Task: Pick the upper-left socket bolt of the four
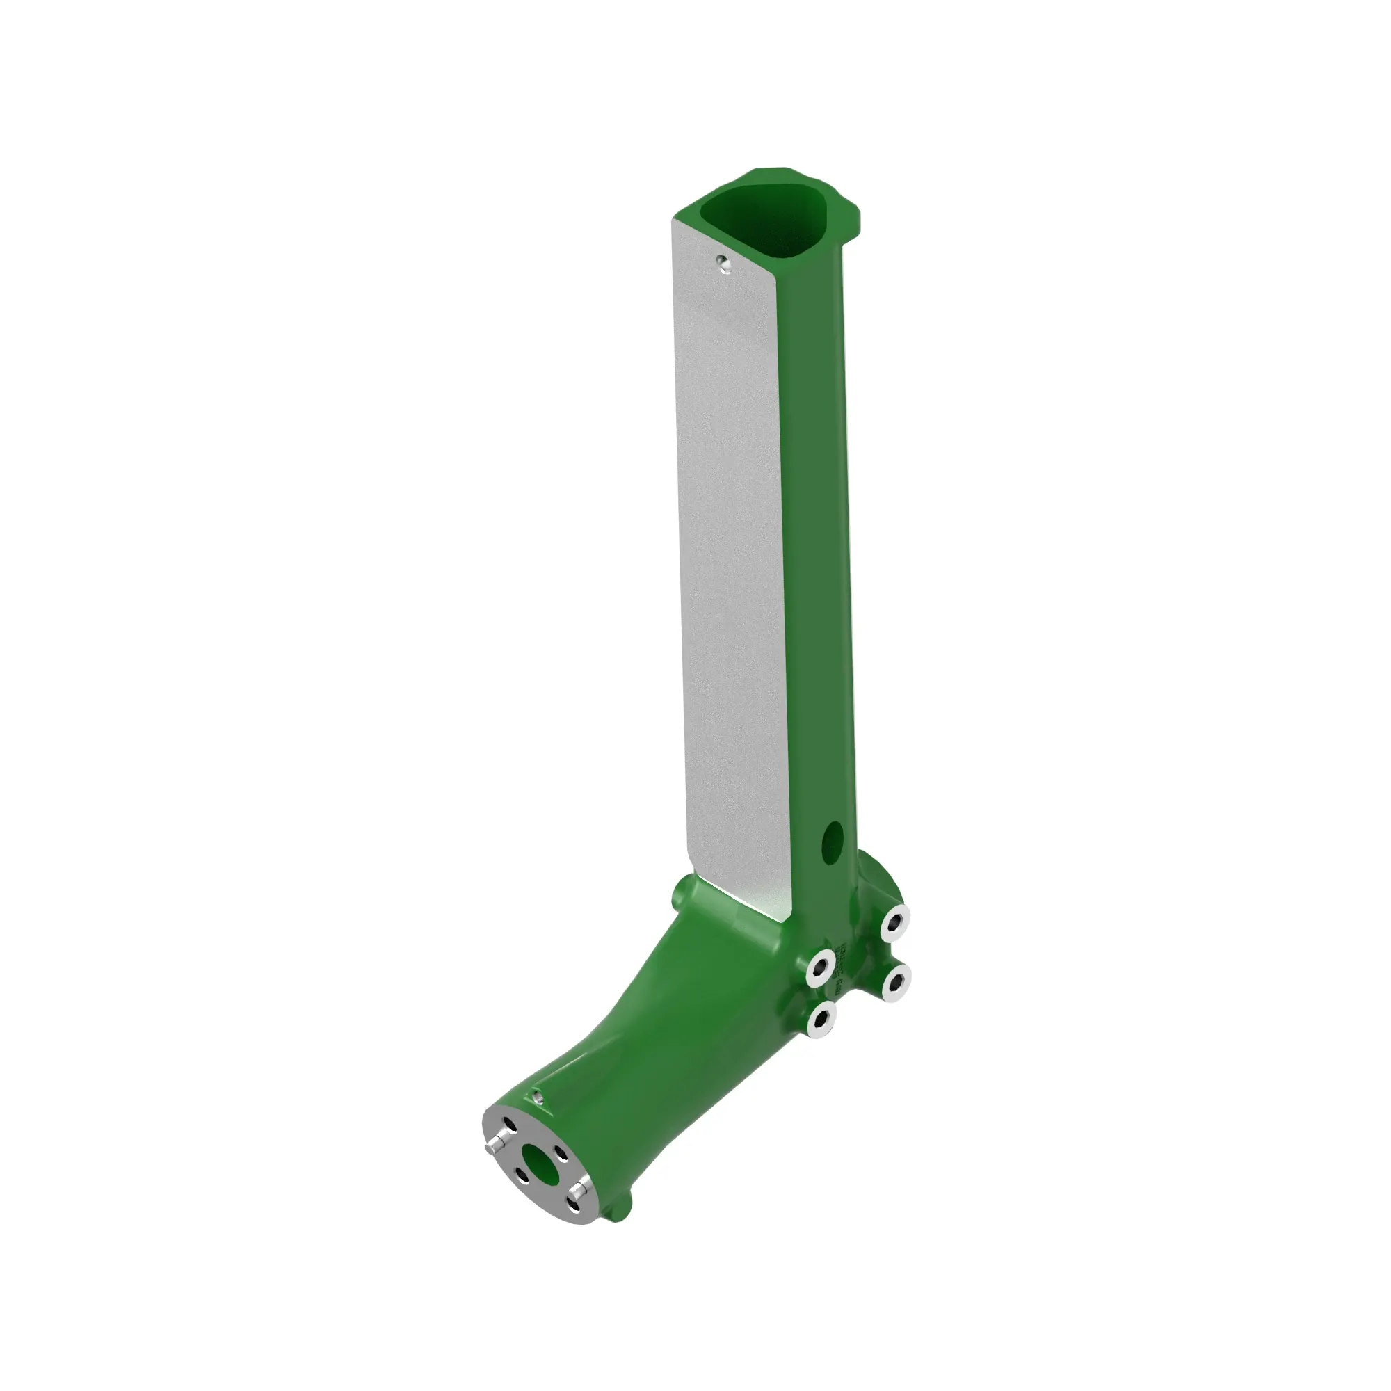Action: pyautogui.click(x=820, y=967)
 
